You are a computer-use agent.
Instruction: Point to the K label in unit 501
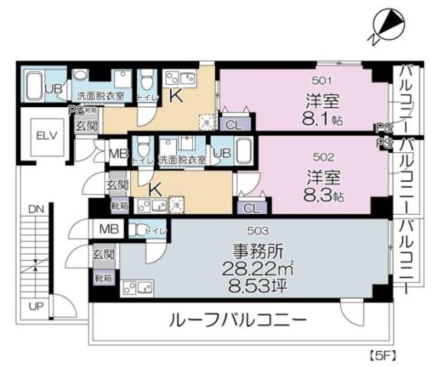(x=175, y=97)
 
